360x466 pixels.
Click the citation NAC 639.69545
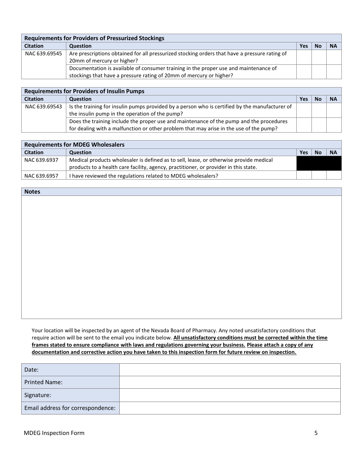coord(43,53)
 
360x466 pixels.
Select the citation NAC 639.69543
coord(43,106)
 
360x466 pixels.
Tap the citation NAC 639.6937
coord(41,160)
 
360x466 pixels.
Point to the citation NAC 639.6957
coord(41,175)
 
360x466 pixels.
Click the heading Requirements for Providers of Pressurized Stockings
coord(94,38)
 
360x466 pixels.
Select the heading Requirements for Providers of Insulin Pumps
coord(84,91)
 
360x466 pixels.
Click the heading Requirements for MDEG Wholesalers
coord(74,144)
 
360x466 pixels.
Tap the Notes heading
coord(32,192)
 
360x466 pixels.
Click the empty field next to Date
coord(230,370)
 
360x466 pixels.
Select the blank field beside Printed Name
coord(230,382)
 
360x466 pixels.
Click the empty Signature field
coord(230,395)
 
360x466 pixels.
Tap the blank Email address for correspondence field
coord(230,408)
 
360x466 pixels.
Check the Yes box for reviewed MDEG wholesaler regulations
coord(304,175)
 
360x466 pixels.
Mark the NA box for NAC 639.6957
coord(333,175)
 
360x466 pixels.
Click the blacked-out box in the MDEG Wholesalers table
coord(319,163)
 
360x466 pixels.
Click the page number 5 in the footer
coord(316,433)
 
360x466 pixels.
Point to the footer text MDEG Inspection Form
coord(54,433)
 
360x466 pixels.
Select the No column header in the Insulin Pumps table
coord(318,99)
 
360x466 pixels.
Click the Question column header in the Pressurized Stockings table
coord(80,46)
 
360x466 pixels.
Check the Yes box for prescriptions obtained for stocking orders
coord(304,57)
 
